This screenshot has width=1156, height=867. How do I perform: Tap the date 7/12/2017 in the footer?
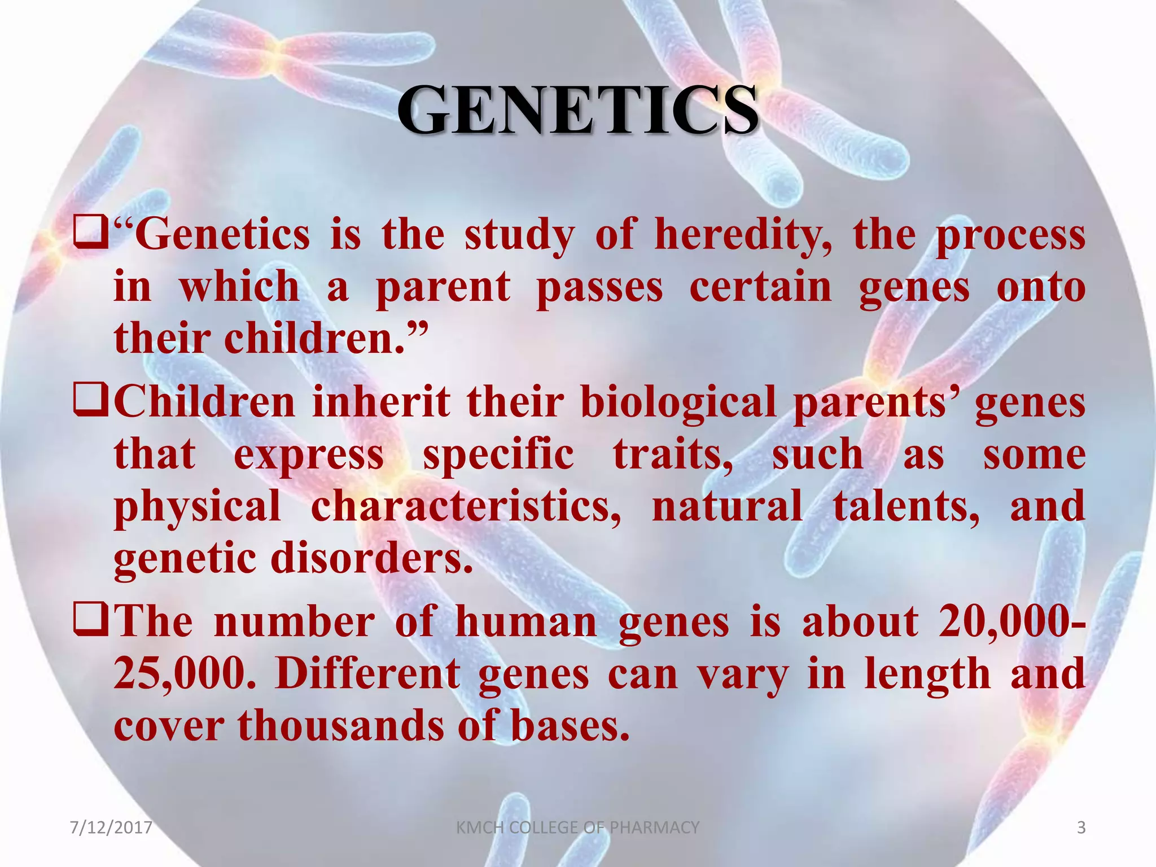coord(111,827)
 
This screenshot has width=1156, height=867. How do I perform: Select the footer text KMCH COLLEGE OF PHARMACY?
coord(577,827)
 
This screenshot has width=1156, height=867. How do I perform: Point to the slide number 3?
coord(1081,827)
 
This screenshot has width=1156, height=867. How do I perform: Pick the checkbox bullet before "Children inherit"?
coord(90,403)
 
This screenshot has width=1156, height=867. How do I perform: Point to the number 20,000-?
coord(1011,622)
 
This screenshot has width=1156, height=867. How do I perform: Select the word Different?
coord(367,673)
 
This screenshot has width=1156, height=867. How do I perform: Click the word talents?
coord(906,506)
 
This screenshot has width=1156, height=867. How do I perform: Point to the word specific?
coord(498,455)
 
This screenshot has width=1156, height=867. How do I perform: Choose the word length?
coord(927,675)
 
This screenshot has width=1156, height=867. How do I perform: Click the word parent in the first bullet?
coord(443,288)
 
